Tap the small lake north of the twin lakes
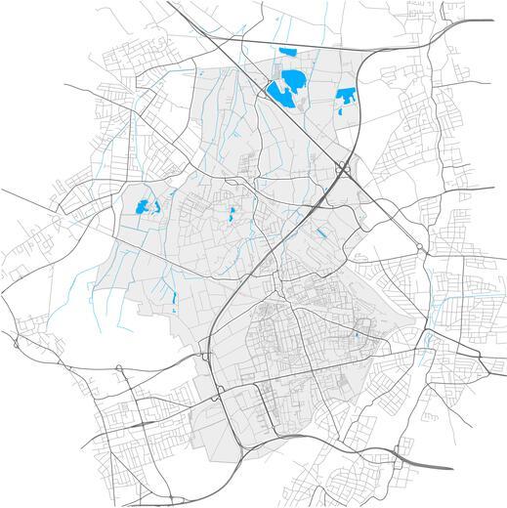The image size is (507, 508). click(x=286, y=53)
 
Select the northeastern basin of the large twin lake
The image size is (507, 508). click(x=292, y=77)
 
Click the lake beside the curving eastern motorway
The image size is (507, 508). click(x=346, y=97)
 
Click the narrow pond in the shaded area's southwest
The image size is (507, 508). click(x=174, y=295)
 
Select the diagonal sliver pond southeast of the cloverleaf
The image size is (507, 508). click(x=320, y=233)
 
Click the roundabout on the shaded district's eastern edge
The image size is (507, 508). click(x=421, y=248)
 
